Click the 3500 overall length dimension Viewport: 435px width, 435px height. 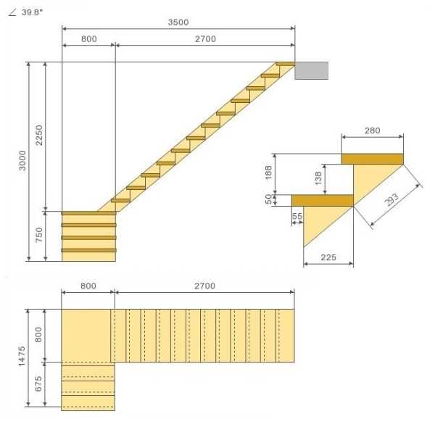178,22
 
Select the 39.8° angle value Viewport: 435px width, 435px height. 32,12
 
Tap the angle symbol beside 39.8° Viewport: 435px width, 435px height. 12,12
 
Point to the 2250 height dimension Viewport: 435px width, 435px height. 39,135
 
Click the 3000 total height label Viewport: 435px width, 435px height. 22,160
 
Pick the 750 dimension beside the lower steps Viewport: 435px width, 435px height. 39,235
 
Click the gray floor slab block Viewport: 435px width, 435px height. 311,70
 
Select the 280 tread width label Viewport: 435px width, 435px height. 372,130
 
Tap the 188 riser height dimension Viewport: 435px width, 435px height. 268,173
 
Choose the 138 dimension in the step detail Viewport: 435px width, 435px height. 318,178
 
